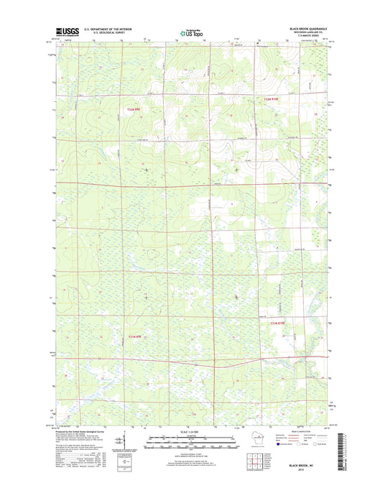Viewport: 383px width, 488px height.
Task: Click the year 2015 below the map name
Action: coord(307,471)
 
